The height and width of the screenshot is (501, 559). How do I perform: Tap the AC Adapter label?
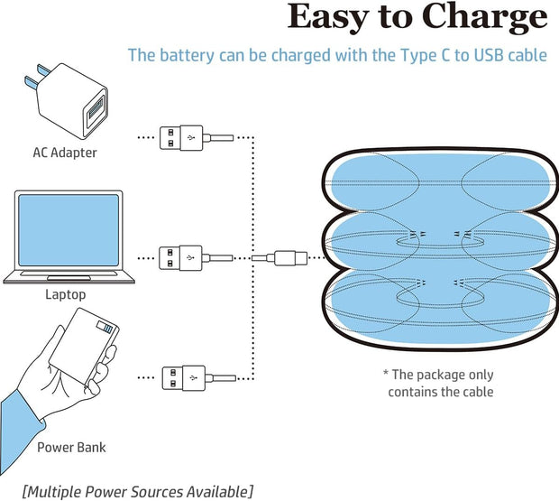60,153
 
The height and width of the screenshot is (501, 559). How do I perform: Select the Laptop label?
66,294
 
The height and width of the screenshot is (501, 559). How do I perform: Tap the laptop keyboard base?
69,273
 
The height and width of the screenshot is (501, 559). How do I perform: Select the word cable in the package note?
475,392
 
